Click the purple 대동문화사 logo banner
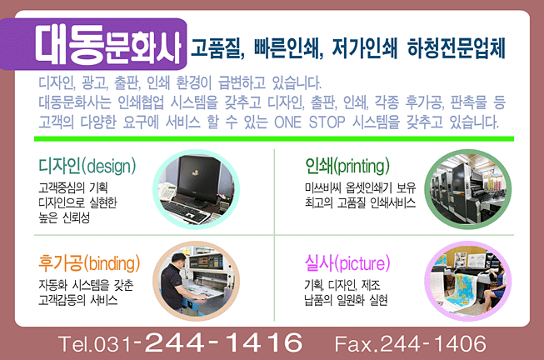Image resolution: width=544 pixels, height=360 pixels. point(93,44)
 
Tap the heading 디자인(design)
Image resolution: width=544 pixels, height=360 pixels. point(87,167)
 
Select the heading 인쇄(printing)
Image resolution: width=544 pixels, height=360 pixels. point(347,166)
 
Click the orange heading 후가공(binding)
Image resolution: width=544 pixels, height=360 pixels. point(89,263)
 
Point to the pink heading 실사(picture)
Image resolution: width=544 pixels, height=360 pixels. point(347,263)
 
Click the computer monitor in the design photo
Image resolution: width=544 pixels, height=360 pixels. point(198,181)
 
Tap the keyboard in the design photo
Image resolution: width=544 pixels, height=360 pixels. point(185,212)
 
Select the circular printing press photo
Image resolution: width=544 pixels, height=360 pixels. point(468,189)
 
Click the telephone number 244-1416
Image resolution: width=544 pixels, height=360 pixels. point(224,342)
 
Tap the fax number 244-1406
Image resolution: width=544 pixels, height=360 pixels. point(433,343)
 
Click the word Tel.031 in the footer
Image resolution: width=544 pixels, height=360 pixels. point(95,344)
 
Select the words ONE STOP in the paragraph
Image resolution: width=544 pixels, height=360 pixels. point(309,122)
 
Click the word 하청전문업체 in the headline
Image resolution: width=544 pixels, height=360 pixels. point(457,47)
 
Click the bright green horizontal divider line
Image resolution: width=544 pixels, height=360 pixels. point(274,139)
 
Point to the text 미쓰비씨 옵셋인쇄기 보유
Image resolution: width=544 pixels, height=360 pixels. point(360,187)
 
